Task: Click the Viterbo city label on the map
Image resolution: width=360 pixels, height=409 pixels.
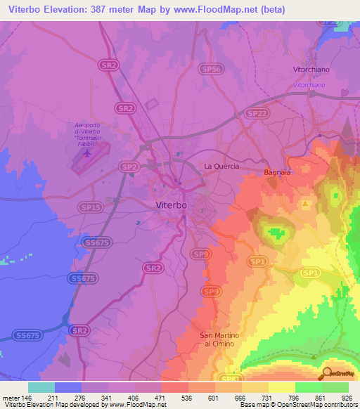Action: coord(170,204)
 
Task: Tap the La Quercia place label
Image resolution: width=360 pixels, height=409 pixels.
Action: coord(221,167)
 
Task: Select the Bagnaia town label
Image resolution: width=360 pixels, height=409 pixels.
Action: coord(278,171)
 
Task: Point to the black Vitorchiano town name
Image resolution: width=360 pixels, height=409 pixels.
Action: coord(311,70)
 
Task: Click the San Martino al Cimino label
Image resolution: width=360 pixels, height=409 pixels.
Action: coord(220,339)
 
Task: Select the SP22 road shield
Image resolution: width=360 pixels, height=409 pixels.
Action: coord(257,112)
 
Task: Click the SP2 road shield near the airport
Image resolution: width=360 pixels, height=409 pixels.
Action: coord(129,167)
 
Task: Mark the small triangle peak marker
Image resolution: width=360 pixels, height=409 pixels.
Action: coord(305,204)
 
